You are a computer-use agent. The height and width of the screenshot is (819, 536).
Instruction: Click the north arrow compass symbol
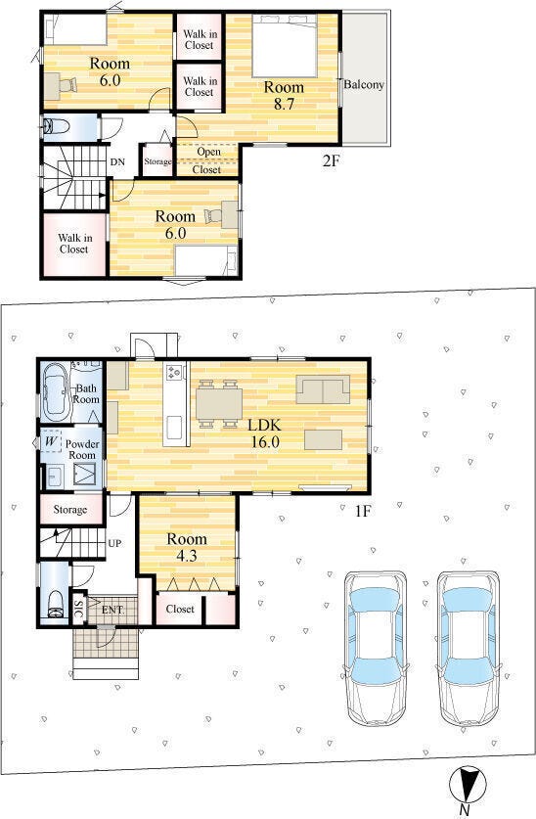click(x=468, y=785)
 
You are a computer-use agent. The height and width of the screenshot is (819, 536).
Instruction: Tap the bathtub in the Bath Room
click(x=56, y=392)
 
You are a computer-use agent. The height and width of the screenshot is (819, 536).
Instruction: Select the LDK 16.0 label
click(x=266, y=433)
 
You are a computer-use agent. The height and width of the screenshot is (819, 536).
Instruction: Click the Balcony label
click(x=364, y=84)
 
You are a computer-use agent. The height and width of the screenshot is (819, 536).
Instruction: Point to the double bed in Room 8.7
click(x=285, y=45)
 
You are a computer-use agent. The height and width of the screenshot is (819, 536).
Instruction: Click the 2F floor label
click(x=331, y=160)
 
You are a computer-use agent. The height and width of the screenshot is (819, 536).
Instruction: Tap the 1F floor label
click(x=362, y=511)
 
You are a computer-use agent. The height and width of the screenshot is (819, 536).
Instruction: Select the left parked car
click(x=375, y=647)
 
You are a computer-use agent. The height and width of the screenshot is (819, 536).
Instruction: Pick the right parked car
click(x=469, y=647)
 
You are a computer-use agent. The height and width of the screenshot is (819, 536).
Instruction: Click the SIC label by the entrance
click(x=78, y=610)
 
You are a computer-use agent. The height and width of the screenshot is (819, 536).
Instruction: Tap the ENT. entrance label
click(x=112, y=610)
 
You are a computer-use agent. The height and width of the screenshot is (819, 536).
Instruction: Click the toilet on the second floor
click(x=56, y=126)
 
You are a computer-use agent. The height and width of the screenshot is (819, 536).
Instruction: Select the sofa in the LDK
click(x=323, y=389)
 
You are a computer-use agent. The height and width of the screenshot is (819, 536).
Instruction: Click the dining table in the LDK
click(x=219, y=404)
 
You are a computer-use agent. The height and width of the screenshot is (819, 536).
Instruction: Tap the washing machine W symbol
click(x=51, y=441)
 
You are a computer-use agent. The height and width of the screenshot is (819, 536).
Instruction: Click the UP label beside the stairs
click(x=114, y=543)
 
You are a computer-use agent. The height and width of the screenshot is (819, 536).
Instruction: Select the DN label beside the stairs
click(x=117, y=161)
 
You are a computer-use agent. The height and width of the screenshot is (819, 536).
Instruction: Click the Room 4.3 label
click(x=186, y=547)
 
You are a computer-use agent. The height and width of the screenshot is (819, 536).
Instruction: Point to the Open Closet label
click(x=207, y=160)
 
